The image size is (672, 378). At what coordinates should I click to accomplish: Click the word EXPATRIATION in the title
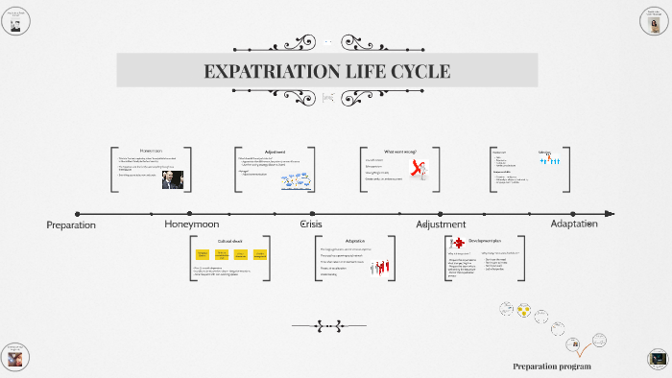pyautogui.click(x=262, y=72)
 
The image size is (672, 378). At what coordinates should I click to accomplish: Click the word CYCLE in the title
pyautogui.click(x=418, y=72)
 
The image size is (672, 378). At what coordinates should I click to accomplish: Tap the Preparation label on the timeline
pyautogui.click(x=71, y=224)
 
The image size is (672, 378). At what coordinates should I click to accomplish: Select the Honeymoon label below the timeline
pyautogui.click(x=193, y=224)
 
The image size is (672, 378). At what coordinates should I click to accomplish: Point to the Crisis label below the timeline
pyautogui.click(x=311, y=224)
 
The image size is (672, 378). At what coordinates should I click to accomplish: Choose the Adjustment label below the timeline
pyautogui.click(x=441, y=224)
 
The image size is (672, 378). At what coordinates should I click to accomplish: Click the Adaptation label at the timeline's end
pyautogui.click(x=573, y=224)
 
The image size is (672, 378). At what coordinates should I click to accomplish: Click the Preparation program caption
pyautogui.click(x=551, y=366)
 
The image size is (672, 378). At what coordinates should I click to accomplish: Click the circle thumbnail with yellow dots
pyautogui.click(x=524, y=310)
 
